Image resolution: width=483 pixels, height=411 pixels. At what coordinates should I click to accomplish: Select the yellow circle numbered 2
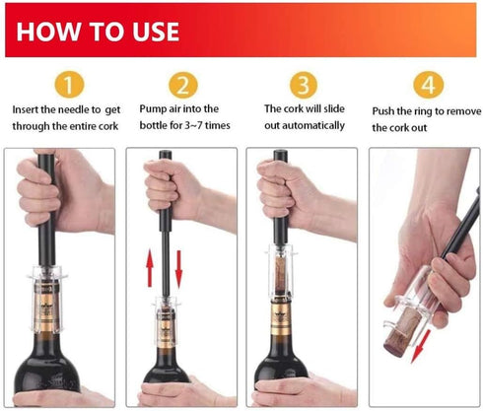coord(182,85)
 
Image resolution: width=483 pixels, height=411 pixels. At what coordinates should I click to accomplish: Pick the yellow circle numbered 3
coord(303,85)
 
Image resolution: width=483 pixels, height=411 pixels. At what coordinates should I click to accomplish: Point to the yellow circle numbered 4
coord(426,85)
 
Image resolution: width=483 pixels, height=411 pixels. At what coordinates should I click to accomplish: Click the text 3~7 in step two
coord(195,125)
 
